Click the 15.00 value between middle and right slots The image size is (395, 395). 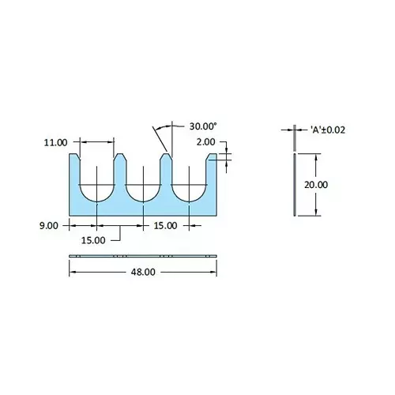coord(166,225)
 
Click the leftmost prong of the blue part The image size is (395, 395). coord(74,170)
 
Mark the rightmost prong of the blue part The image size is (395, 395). coord(212,170)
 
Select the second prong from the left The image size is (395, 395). coord(119,170)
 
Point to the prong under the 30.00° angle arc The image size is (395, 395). coord(166,170)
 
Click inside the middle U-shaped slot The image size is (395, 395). coord(143,182)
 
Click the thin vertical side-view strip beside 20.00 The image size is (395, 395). coord(295,184)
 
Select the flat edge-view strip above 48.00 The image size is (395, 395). coord(143,257)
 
